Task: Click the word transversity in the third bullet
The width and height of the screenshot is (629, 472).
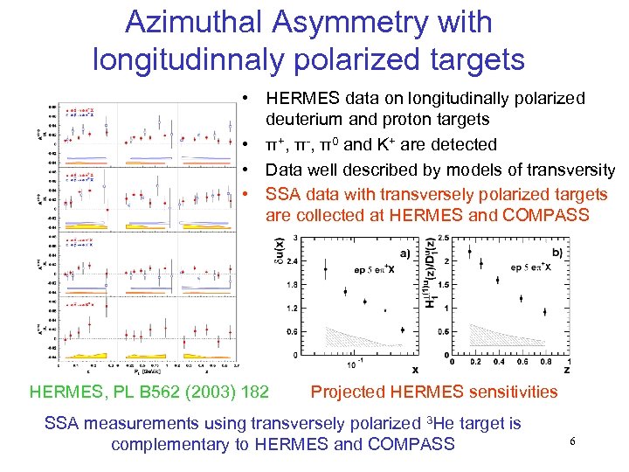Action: coord(569,170)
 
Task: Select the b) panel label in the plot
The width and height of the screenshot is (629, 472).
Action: coord(557,251)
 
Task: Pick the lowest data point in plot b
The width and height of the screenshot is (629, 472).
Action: coord(545,310)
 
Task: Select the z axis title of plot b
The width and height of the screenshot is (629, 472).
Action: coord(569,371)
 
